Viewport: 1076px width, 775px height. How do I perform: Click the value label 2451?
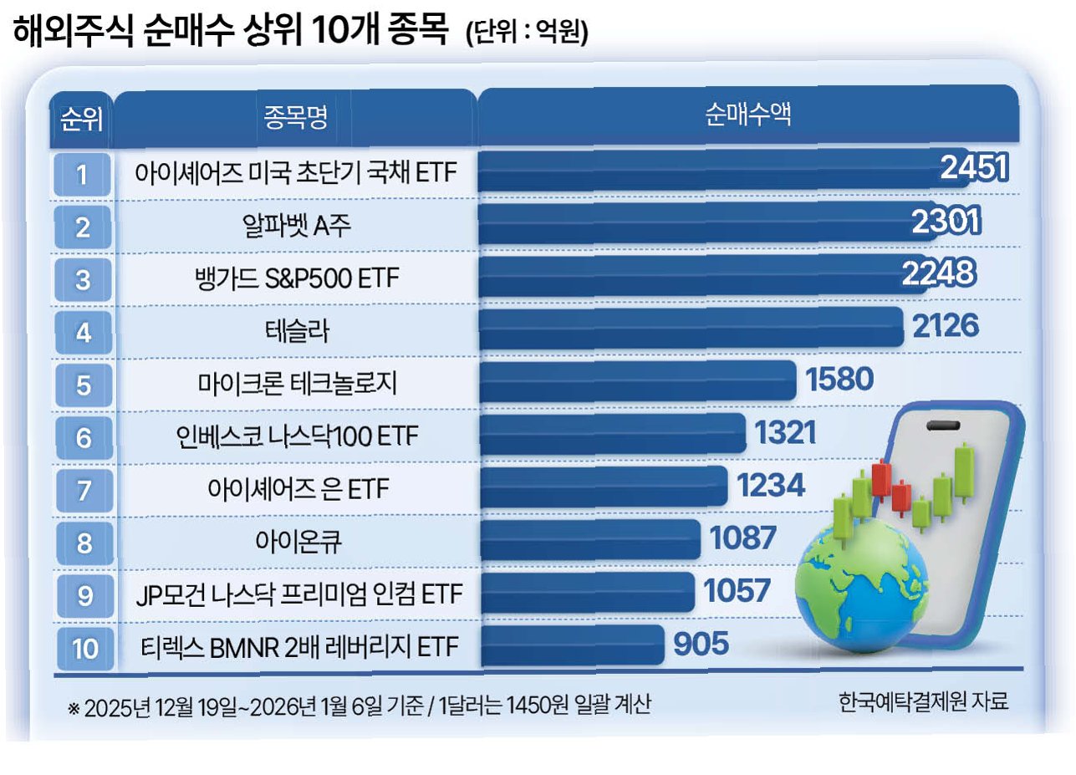pos(974,167)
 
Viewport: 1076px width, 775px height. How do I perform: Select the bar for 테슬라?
pos(691,328)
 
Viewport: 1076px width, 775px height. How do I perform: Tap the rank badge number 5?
pos(84,385)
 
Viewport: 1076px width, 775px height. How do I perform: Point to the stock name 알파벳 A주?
pos(297,226)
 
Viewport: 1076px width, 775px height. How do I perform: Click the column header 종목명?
pos(295,117)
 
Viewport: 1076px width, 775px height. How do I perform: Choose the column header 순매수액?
pos(748,115)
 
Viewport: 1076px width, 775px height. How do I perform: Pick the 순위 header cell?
pos(81,120)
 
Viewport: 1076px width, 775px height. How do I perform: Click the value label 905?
pos(701,644)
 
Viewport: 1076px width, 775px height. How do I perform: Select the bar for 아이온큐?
pos(590,539)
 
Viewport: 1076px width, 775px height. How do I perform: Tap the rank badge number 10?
pos(85,649)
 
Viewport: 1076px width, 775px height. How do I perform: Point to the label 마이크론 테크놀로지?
pos(298,384)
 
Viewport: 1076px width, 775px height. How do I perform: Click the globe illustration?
pos(861,586)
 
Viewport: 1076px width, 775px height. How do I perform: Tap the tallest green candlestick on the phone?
pos(964,472)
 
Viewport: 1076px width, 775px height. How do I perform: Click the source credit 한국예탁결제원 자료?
pos(923,701)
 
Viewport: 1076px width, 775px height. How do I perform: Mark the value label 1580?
pos(839,379)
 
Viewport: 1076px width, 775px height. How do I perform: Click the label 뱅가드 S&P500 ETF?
pos(297,278)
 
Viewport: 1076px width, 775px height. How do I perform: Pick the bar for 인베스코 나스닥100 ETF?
pos(613,433)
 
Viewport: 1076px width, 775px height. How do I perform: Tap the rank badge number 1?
pos(82,175)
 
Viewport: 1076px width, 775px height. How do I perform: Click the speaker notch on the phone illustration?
pos(943,426)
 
